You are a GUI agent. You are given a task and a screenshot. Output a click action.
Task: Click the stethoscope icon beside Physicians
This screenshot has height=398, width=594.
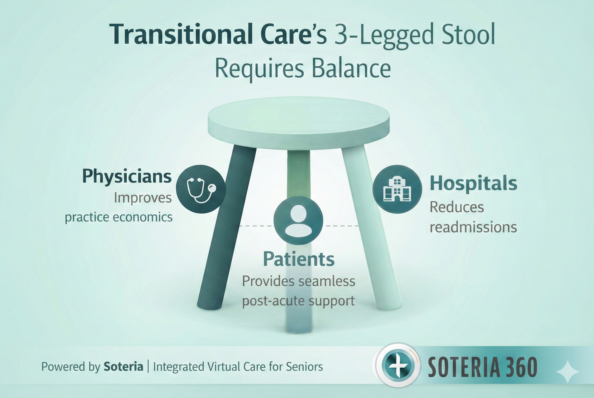[x=201, y=189]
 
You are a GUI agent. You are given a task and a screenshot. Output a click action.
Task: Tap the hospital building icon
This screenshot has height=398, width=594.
[x=397, y=189]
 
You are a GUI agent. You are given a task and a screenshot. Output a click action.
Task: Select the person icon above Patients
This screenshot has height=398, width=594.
[x=298, y=220]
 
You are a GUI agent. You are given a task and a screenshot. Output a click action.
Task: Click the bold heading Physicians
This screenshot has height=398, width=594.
[x=127, y=176]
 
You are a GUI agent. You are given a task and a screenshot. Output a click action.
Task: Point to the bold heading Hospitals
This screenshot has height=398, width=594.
[x=473, y=183]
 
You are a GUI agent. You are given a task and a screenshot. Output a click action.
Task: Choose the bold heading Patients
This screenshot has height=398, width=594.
[x=298, y=259]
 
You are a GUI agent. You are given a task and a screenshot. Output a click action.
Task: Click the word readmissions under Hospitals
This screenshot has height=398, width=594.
[x=473, y=227]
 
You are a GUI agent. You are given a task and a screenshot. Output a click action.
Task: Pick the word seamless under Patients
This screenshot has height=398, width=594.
[x=327, y=281]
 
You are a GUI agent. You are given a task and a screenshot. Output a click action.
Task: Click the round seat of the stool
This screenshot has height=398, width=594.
[x=298, y=119]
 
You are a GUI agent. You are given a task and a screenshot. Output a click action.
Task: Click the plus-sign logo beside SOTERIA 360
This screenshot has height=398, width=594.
[x=398, y=366]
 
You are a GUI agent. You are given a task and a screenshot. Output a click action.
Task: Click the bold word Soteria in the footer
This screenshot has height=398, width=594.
[x=123, y=367]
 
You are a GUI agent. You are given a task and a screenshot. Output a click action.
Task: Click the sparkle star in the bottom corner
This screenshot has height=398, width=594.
[x=567, y=372]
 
